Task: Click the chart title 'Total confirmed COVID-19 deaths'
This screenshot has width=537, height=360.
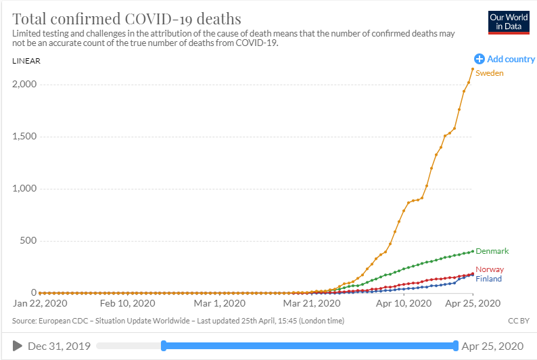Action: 126,18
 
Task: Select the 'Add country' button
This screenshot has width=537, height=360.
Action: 505,59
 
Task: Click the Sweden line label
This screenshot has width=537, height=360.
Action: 489,72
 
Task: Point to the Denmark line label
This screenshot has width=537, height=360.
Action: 492,251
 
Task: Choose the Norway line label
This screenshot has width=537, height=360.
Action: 490,269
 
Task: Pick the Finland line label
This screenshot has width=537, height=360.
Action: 489,278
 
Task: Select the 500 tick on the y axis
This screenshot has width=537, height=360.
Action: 28,241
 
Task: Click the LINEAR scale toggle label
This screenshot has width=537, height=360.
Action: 26,61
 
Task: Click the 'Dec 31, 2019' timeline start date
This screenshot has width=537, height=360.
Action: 60,346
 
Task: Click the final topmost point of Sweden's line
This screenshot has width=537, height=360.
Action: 472,69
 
